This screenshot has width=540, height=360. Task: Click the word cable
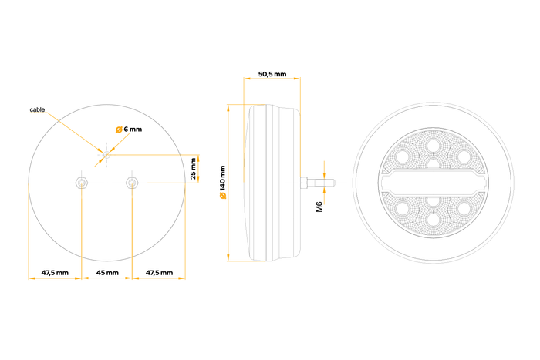(x=38, y=111)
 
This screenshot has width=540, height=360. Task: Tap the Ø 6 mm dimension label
(x=129, y=129)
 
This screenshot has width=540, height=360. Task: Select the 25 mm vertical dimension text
(x=194, y=168)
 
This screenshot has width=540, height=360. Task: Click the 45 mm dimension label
(x=107, y=273)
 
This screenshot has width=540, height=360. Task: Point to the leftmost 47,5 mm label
(x=55, y=273)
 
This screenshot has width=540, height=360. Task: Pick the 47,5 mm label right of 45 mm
(x=159, y=273)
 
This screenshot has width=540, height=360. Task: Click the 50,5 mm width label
(x=272, y=74)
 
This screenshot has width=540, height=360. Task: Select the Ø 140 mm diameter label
(x=222, y=183)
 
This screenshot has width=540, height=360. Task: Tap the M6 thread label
(x=319, y=207)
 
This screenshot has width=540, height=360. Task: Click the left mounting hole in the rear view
(x=82, y=183)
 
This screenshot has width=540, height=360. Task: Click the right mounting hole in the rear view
(x=133, y=183)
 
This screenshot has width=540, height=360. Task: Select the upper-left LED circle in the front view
(x=401, y=156)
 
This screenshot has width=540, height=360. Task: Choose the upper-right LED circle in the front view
(x=464, y=156)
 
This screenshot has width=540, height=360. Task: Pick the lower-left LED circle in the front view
(x=401, y=209)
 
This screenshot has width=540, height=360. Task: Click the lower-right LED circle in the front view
(x=464, y=209)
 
